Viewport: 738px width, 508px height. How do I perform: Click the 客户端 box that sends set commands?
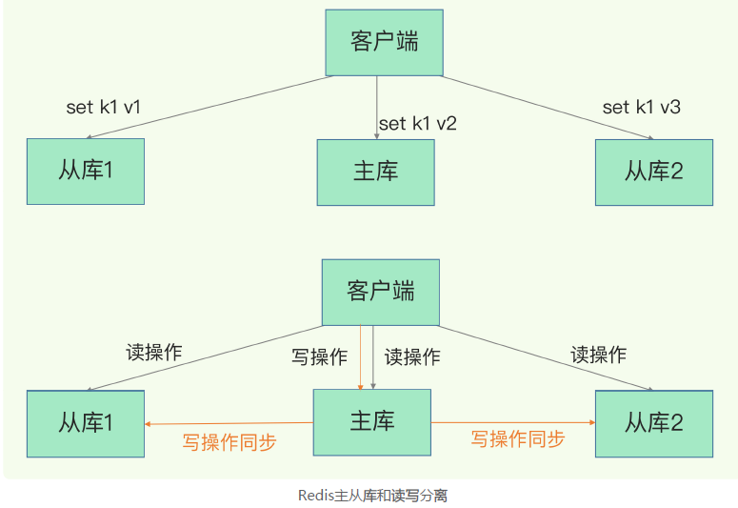[384, 43]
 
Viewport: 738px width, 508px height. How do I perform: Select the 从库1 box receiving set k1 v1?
[86, 172]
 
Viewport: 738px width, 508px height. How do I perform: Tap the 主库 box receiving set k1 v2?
[375, 172]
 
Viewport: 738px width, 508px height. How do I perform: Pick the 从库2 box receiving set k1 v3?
[653, 172]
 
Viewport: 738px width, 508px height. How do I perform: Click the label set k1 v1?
[103, 107]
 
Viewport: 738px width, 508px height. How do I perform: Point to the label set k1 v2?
[418, 124]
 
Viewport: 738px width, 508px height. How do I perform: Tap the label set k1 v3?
[641, 107]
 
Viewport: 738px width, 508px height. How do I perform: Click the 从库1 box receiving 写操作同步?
[86, 422]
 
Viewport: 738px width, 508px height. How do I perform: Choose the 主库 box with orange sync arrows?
[372, 421]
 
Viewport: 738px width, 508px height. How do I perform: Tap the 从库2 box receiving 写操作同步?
[653, 422]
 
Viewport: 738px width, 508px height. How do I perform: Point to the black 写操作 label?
[320, 357]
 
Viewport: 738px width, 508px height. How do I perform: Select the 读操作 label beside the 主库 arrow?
[412, 357]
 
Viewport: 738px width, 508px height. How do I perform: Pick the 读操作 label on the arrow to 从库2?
[598, 355]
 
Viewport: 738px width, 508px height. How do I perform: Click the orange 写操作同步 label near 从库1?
[229, 442]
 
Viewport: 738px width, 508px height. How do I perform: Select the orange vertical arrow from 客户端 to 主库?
[360, 357]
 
